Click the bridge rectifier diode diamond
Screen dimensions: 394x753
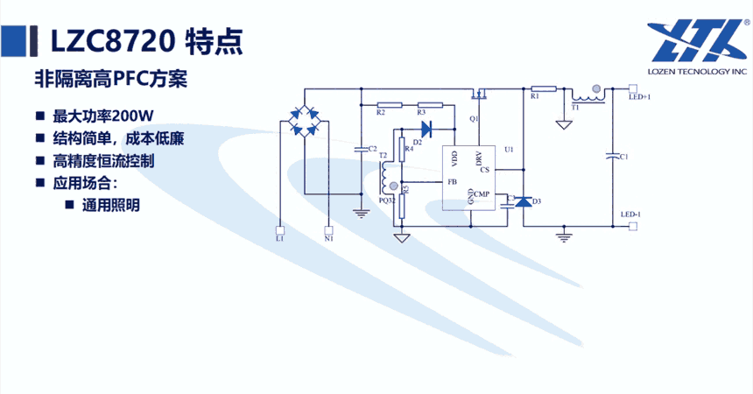point(304,121)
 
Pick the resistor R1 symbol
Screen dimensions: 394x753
point(543,88)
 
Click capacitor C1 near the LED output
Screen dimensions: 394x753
point(611,157)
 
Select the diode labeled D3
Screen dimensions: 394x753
point(524,202)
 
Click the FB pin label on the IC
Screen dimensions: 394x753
point(452,181)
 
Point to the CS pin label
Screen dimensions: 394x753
point(484,170)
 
